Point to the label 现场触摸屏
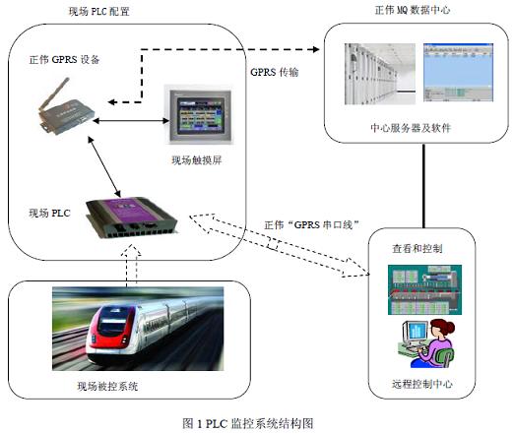(x=198, y=159)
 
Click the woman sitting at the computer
(x=433, y=341)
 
